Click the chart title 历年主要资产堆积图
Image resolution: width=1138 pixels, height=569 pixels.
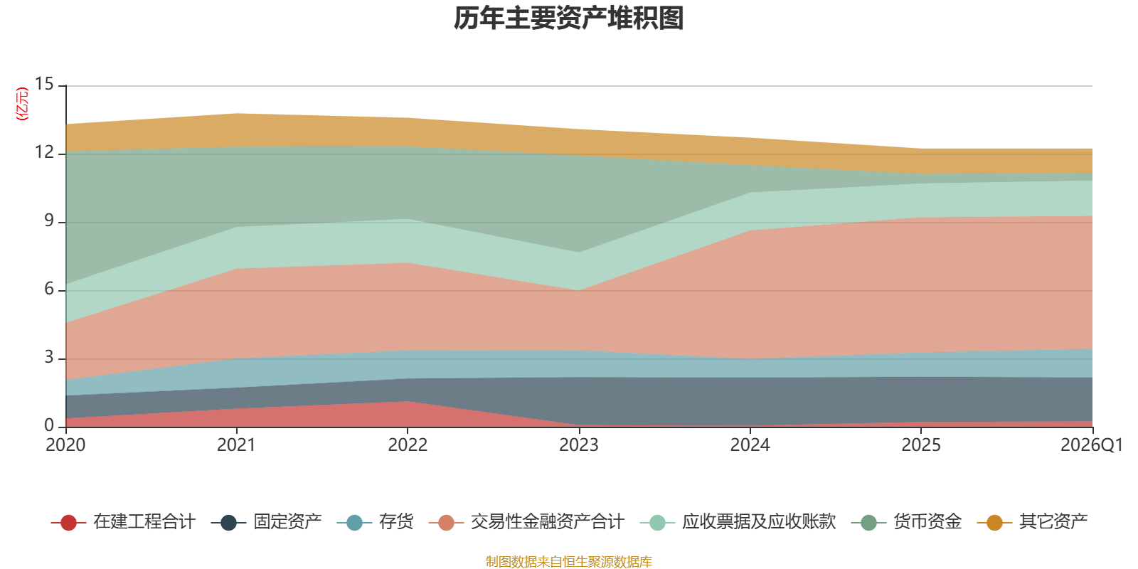[x=569, y=18]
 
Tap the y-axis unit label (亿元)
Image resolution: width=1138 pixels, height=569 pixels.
[x=22, y=104]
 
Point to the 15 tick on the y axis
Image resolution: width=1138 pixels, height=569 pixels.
[x=44, y=85]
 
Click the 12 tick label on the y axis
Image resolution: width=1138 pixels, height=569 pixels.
[x=44, y=153]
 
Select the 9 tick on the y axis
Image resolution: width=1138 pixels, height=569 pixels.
[x=48, y=221]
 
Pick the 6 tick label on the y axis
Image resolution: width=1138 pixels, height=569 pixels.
[x=48, y=289]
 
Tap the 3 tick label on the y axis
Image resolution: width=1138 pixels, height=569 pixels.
[x=48, y=358]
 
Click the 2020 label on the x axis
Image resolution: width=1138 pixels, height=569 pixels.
[x=65, y=445]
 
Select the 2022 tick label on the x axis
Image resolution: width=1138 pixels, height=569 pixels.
[x=408, y=445]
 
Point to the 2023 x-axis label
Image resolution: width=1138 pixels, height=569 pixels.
[x=578, y=445]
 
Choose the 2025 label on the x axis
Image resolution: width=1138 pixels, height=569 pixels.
[x=921, y=445]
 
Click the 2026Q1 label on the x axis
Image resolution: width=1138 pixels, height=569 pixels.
[x=1091, y=445]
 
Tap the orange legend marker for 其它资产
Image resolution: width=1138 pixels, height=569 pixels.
[x=994, y=523]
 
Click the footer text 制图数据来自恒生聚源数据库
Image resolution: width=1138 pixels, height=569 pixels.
[x=569, y=562]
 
